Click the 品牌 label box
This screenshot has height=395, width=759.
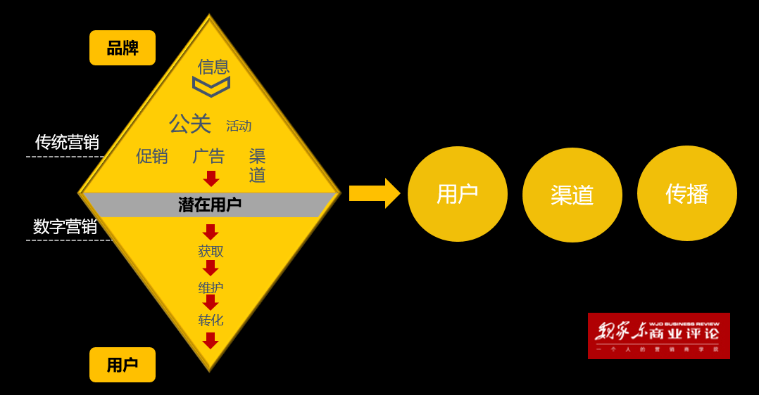pyautogui.click(x=123, y=48)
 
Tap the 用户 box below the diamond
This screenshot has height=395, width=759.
pyautogui.click(x=123, y=365)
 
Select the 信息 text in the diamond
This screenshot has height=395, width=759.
pyautogui.click(x=213, y=67)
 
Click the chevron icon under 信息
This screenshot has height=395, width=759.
pyautogui.click(x=211, y=86)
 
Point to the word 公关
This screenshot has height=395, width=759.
pyautogui.click(x=190, y=124)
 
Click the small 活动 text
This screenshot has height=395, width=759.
pyautogui.click(x=239, y=127)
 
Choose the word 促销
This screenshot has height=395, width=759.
pyautogui.click(x=152, y=156)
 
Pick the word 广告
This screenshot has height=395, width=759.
pyautogui.click(x=208, y=156)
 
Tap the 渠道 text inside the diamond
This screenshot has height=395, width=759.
pyautogui.click(x=257, y=165)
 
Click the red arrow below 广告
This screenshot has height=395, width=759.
pyautogui.click(x=211, y=179)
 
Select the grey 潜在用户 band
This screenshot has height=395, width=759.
pyautogui.click(x=210, y=205)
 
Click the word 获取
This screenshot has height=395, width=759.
pyautogui.click(x=211, y=251)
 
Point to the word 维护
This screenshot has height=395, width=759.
pyautogui.click(x=211, y=287)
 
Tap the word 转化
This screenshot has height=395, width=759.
pyautogui.click(x=211, y=320)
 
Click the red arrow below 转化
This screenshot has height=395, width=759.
pyautogui.click(x=211, y=341)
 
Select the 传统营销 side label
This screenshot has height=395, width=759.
pyautogui.click(x=67, y=142)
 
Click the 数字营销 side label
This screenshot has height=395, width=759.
pyautogui.click(x=65, y=226)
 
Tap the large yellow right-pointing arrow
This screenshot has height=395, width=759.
pyautogui.click(x=374, y=193)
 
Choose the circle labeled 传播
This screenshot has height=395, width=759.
pyautogui.click(x=686, y=193)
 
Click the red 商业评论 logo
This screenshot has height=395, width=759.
pyautogui.click(x=658, y=336)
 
